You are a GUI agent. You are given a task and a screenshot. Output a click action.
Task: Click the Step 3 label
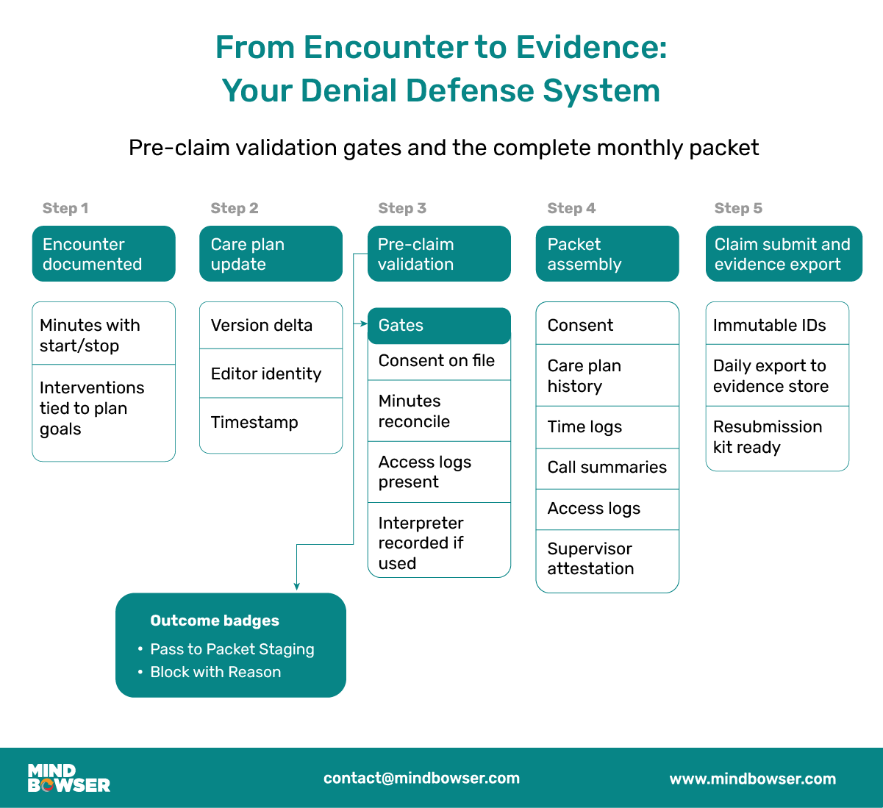402,208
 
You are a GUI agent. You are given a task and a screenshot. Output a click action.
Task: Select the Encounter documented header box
104,254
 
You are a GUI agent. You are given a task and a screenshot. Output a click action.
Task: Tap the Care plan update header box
271,254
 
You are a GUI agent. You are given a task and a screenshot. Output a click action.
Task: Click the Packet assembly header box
607,254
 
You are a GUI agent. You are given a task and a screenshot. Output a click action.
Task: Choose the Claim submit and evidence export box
784,254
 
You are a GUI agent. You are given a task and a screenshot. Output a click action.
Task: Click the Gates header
439,326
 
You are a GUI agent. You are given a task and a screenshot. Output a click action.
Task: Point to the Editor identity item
266,373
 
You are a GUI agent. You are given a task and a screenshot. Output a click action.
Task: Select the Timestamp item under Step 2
254,422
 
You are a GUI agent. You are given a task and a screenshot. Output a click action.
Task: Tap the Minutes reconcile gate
414,411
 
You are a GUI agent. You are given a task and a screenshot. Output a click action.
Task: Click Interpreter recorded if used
421,543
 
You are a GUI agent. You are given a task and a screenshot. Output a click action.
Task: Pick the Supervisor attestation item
590,559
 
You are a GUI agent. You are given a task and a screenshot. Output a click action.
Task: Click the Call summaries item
607,468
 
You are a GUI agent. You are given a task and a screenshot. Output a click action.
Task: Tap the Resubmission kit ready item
768,437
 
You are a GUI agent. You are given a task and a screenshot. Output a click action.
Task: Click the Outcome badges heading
215,621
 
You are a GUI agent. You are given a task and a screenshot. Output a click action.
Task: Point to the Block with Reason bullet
215,672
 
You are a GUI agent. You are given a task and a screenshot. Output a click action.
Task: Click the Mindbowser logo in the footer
69,778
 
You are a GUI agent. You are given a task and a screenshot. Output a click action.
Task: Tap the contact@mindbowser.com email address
421,778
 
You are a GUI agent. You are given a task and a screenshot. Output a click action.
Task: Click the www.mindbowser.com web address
753,779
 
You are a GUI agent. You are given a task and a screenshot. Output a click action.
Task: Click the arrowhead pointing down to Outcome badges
296,586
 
